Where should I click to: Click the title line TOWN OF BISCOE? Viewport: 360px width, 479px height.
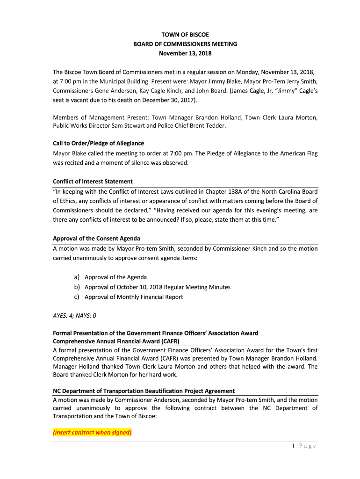[x=185, y=35]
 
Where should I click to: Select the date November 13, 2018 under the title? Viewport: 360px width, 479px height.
[x=185, y=53]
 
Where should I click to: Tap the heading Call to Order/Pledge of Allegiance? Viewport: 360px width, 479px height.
[x=98, y=143]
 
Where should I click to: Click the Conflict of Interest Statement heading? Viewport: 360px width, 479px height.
[x=93, y=181]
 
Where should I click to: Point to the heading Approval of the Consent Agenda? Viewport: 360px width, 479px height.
[x=96, y=239]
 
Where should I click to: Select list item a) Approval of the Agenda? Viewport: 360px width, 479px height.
[x=115, y=277]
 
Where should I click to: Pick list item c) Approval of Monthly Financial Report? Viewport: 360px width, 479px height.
[x=134, y=297]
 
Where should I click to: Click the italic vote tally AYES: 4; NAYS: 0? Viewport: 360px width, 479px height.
[x=74, y=316]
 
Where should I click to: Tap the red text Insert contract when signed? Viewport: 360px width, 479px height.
[x=93, y=433]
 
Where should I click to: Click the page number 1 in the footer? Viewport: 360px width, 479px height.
[x=292, y=446]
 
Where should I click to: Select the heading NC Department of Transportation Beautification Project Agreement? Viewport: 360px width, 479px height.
[x=144, y=391]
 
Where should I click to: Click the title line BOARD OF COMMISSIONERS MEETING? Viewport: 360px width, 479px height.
[x=185, y=44]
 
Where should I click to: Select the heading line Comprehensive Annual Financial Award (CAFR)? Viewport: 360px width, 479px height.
[x=116, y=341]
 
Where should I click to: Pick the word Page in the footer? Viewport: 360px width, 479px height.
[x=308, y=446]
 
